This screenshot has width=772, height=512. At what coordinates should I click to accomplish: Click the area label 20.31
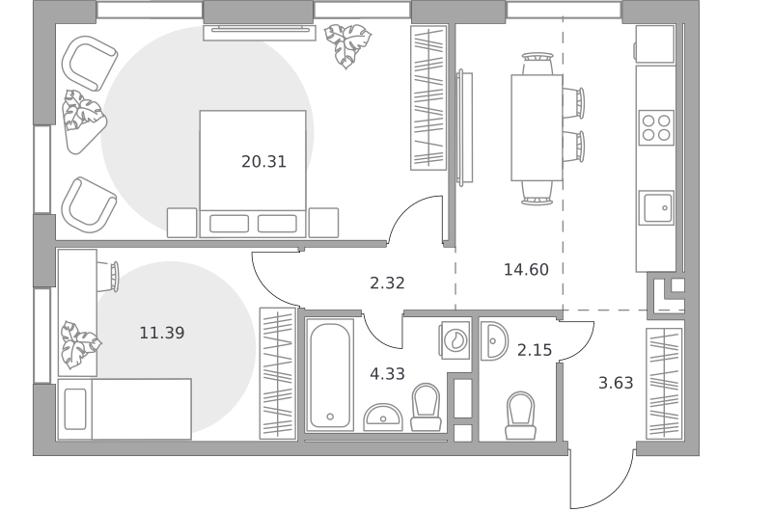click(x=263, y=161)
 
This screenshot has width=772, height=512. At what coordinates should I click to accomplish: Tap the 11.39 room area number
click(x=162, y=333)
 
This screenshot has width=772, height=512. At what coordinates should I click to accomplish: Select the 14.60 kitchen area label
click(x=526, y=270)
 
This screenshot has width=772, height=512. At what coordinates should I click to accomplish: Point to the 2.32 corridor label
click(x=388, y=283)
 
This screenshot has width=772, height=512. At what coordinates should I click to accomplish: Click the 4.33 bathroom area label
click(x=388, y=374)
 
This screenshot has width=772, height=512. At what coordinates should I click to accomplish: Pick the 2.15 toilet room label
click(x=535, y=350)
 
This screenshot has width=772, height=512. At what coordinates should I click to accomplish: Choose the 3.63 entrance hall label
click(x=616, y=383)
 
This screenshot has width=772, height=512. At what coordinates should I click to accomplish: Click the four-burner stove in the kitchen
click(x=656, y=127)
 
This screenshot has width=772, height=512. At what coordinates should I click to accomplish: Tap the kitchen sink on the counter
click(x=656, y=208)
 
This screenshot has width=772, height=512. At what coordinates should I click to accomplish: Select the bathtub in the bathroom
click(x=330, y=375)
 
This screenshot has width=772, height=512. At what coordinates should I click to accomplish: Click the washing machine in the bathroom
click(x=455, y=339)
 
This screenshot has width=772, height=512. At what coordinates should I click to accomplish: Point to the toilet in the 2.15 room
click(x=520, y=416)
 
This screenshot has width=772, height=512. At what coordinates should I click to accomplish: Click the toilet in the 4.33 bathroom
click(x=426, y=407)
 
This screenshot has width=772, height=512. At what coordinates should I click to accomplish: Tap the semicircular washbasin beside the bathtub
click(x=383, y=418)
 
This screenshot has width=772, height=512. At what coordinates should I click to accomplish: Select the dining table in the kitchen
click(x=537, y=128)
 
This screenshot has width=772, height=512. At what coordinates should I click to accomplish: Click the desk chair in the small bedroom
click(x=109, y=277)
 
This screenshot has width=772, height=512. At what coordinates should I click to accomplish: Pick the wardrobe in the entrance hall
click(x=664, y=384)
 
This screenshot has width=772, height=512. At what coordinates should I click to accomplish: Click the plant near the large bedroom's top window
click(x=346, y=45)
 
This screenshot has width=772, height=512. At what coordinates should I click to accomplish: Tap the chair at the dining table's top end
click(x=538, y=64)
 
